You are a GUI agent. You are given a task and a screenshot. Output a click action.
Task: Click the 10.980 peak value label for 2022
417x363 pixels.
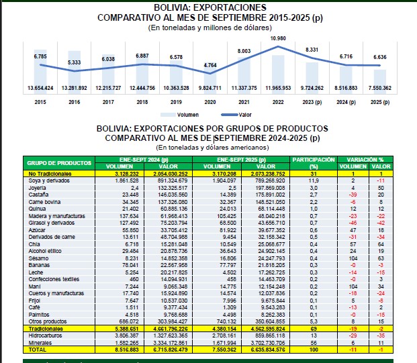tap(278, 39)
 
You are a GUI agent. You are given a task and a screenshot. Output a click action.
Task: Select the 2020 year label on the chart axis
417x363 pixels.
tap(210, 103)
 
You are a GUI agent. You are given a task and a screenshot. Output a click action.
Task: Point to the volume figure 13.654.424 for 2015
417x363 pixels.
tap(40, 88)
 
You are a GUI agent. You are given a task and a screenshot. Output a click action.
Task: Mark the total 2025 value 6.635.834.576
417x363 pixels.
tap(265, 350)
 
